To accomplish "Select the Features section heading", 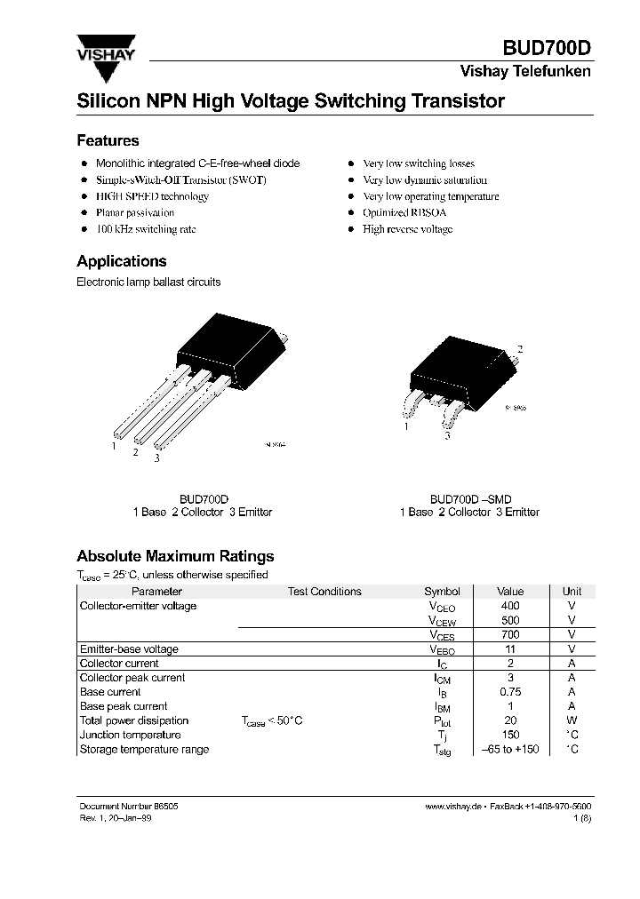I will point(108,140).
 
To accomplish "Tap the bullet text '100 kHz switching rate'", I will point(145,229).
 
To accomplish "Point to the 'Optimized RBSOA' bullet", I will point(404,213).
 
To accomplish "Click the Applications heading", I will point(121,261).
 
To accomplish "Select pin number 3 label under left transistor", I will point(157,458).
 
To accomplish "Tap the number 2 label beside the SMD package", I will point(519,349).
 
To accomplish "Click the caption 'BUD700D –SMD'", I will point(470,499).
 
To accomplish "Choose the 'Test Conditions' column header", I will point(324,592).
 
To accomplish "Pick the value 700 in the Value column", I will point(510,634).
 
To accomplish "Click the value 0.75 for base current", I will point(510,692).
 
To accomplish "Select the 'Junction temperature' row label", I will point(130,735).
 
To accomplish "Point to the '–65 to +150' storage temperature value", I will point(510,749).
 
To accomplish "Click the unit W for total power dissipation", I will point(572,720).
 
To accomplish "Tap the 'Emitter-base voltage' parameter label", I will point(129,649).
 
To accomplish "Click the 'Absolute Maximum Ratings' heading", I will point(175,556).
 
